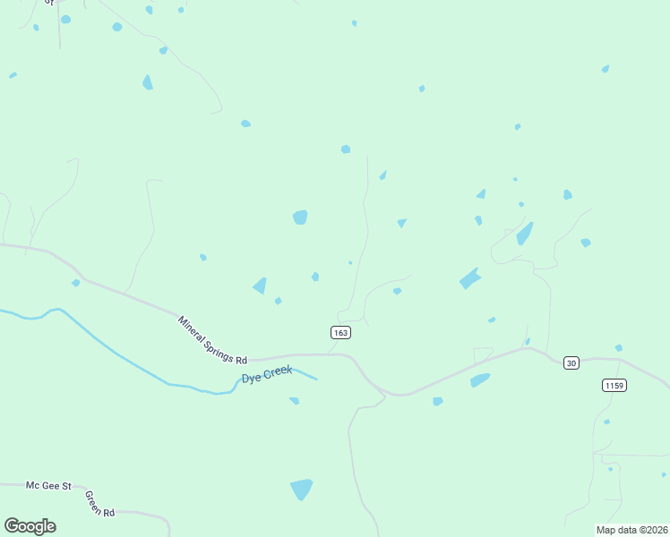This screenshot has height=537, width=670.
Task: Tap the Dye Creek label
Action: click(267, 376)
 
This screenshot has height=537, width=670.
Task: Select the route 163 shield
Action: click(340, 332)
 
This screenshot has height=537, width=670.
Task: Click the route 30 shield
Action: click(571, 362)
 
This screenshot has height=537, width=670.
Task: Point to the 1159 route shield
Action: click(614, 385)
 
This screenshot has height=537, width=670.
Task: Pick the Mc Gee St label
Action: click(48, 485)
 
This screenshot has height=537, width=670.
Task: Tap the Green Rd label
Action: click(100, 504)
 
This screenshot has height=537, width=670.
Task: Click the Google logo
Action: click(30, 525)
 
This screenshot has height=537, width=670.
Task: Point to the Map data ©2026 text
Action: click(631, 529)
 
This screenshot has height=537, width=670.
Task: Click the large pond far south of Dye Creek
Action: click(302, 490)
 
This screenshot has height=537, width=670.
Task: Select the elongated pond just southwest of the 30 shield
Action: click(480, 380)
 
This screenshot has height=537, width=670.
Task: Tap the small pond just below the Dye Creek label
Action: click(294, 400)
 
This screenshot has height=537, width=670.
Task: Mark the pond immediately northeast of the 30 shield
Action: click(618, 347)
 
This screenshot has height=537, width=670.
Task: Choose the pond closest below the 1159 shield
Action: click(606, 422)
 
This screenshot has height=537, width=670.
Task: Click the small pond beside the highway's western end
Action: click(76, 283)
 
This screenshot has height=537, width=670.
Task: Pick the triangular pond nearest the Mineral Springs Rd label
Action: click(260, 286)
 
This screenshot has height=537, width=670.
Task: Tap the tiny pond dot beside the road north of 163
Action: click(350, 262)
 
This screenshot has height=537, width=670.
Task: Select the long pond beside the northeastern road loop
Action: click(525, 234)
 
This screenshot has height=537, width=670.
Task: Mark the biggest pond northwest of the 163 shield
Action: click(300, 217)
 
